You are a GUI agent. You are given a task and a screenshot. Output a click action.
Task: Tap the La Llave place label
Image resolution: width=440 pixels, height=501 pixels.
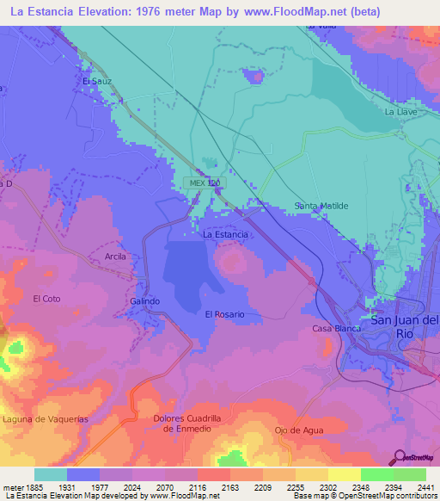(400, 112)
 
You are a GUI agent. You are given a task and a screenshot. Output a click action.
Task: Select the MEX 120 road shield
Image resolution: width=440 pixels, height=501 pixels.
(204, 183)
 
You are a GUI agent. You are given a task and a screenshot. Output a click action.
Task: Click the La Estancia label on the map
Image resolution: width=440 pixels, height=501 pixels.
(225, 234)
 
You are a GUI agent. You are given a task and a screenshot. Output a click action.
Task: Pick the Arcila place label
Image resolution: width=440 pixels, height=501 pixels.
(115, 257)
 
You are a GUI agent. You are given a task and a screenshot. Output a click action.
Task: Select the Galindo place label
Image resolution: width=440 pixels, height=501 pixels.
(145, 301)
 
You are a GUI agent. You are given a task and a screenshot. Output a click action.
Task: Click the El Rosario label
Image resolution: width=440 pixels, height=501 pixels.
(224, 314)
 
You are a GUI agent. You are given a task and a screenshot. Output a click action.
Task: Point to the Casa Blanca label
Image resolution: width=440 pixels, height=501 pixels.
(333, 329)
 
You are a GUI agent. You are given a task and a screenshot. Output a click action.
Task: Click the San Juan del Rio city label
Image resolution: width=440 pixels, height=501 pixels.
(405, 326)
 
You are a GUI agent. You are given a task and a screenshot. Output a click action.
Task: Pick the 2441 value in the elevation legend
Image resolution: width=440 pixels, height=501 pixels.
(425, 487)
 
